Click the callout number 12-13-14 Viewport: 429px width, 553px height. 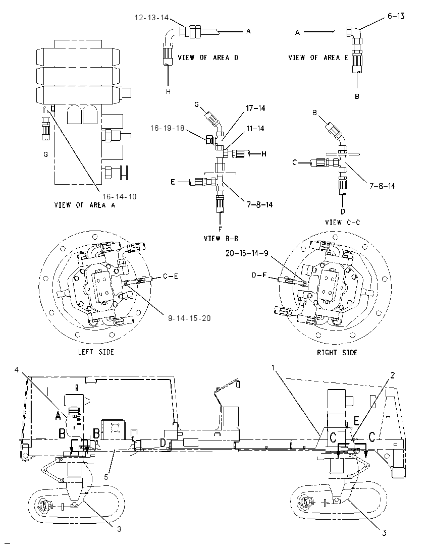[152, 17]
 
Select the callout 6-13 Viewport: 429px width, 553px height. [396, 16]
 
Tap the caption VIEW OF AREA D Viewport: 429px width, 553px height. [208, 58]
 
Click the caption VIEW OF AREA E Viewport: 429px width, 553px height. [318, 58]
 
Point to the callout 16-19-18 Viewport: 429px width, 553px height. [168, 128]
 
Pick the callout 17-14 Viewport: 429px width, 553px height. [255, 108]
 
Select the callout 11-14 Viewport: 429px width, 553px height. [255, 129]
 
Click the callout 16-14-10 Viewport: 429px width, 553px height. [119, 196]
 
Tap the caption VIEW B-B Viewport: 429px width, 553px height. [221, 239]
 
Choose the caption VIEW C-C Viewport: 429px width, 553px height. [343, 222]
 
